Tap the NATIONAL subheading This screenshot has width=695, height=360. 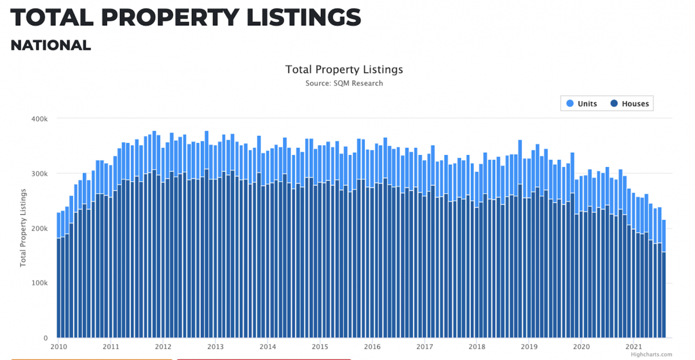51,45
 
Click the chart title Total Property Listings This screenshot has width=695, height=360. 344,69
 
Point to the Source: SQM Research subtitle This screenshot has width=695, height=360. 344,83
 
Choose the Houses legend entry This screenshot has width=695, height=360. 635,104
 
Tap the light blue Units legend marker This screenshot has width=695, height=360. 569,104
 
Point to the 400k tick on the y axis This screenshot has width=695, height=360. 39,119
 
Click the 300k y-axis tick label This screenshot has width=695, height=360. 39,174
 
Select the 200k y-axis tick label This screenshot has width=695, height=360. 39,229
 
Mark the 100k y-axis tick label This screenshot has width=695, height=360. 39,283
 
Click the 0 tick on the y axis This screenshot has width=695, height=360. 45,338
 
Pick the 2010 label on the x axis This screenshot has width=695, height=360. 58,347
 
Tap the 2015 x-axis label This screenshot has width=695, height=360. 320,347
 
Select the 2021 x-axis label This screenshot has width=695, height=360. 634,347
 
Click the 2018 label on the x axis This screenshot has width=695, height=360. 477,347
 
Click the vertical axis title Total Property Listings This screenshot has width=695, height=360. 24,227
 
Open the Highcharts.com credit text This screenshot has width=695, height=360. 652,355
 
